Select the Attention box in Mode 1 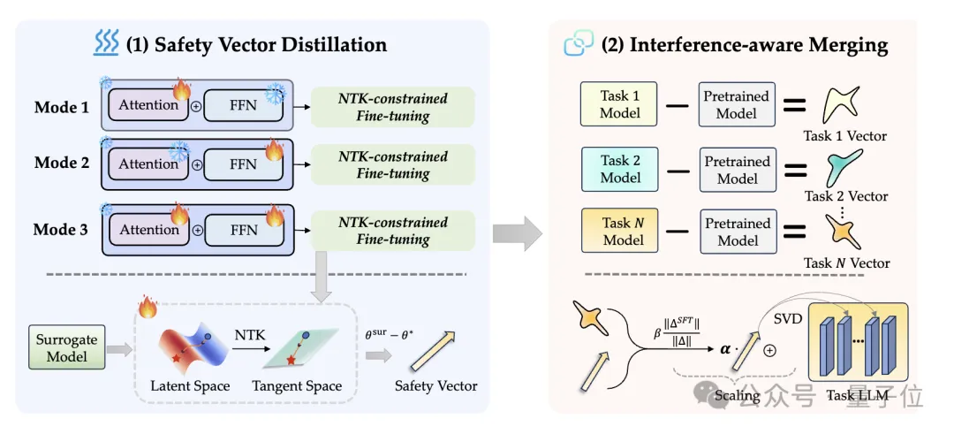148,106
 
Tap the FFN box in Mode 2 243,164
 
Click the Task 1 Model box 618,104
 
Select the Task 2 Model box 619,169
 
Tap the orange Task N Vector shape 841,232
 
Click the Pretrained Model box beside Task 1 736,104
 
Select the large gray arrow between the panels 517,232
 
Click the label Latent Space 190,386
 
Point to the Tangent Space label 297,386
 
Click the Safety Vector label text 436,386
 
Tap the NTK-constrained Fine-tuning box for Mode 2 393,164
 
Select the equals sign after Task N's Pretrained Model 794,232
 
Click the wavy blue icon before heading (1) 106,43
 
